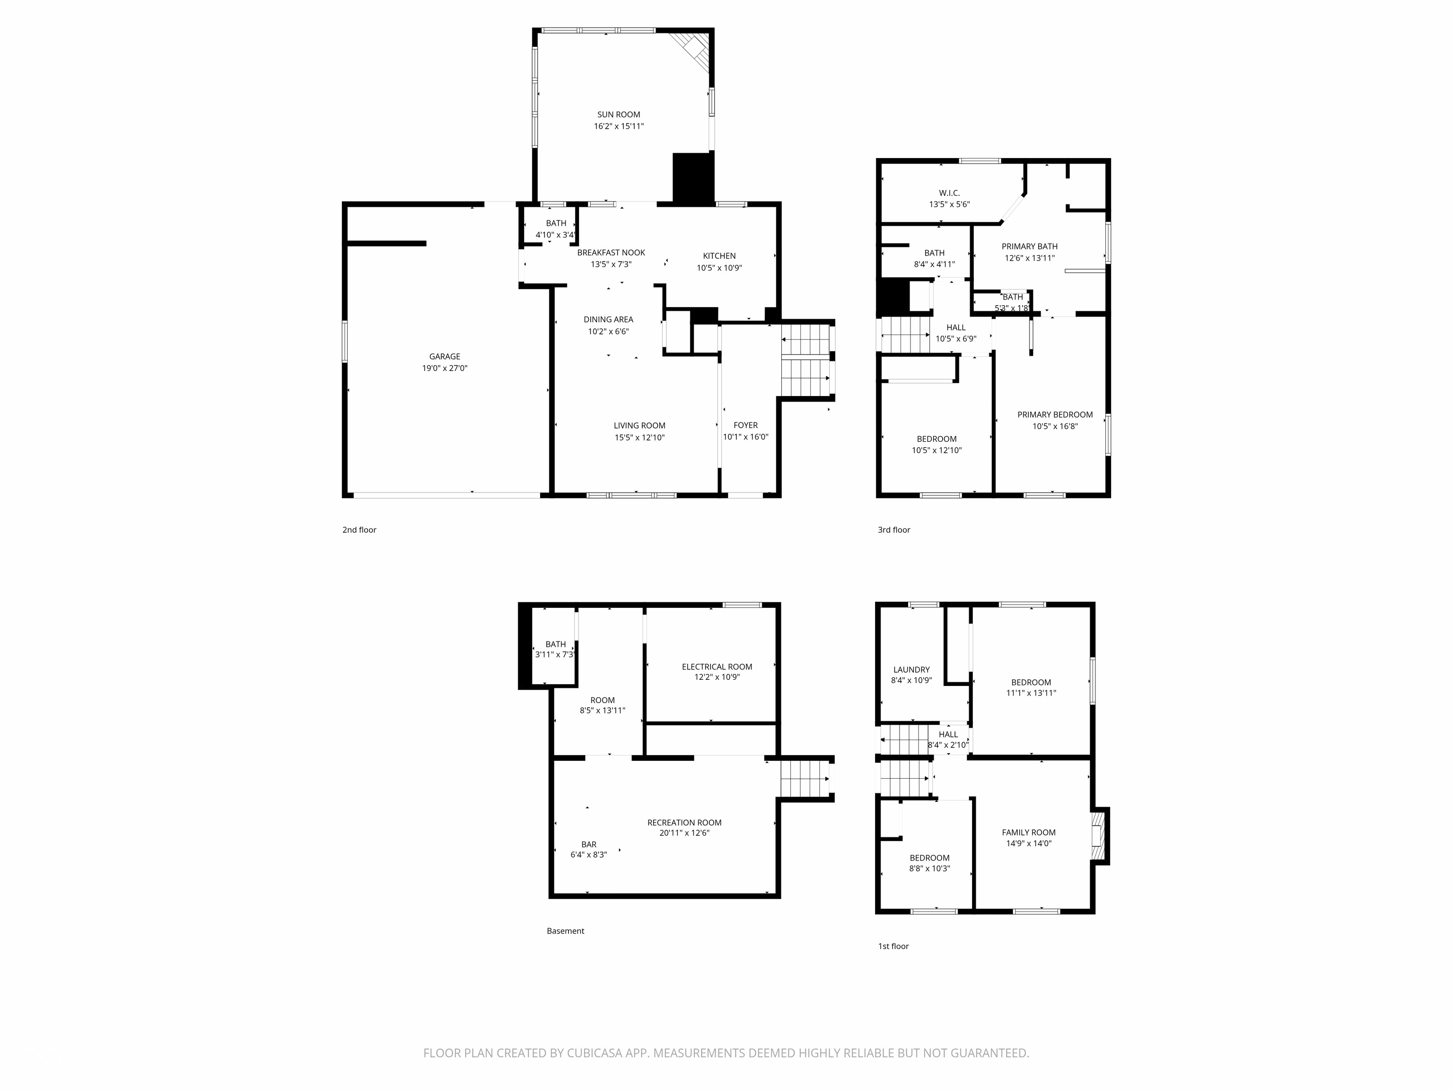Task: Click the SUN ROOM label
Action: coord(618,114)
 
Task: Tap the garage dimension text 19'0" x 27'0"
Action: coord(445,369)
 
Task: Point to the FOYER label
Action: coord(745,425)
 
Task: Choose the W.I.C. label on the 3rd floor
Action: coord(949,193)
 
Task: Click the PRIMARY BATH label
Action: coord(1029,246)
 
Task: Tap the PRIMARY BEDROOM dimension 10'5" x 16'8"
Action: coord(1055,426)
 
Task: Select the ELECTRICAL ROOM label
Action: coord(717,666)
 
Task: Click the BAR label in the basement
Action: coord(588,844)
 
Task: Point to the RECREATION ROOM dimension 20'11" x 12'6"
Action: coord(684,833)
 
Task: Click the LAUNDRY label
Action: coord(911,669)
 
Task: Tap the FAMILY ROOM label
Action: coord(1029,832)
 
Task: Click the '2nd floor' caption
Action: coord(359,529)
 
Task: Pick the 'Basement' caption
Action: coord(565,931)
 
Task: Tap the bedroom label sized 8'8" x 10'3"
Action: coord(929,857)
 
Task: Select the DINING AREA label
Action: coord(608,319)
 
